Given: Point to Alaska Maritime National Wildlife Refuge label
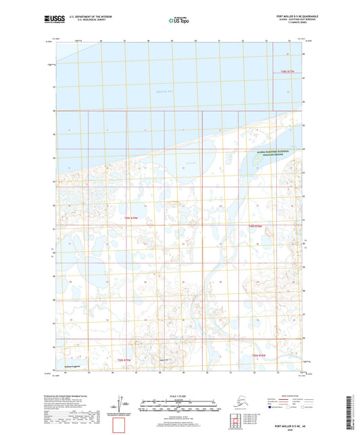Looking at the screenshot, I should (x=272, y=154).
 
